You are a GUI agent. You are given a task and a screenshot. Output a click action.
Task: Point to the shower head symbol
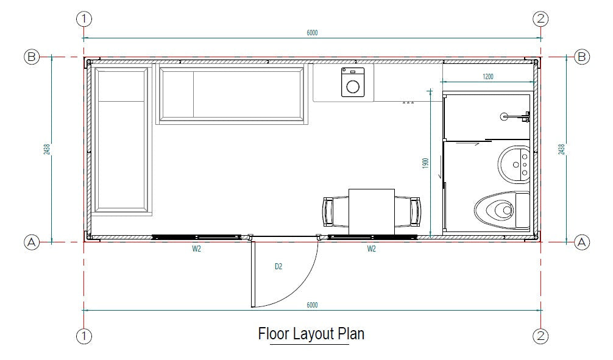[505, 115]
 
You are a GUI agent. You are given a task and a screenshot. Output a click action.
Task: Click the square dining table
[371, 211]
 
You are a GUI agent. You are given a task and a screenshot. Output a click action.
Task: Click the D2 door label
[279, 266]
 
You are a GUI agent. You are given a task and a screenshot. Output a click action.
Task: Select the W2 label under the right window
[371, 248]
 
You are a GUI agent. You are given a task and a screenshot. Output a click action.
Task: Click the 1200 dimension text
[487, 77]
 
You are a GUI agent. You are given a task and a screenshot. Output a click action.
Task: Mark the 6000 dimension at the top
[312, 32]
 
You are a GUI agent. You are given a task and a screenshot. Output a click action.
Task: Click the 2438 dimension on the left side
[47, 149]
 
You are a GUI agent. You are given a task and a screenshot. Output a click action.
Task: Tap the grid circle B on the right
[582, 57]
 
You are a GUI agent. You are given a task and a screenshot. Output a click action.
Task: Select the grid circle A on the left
[31, 242]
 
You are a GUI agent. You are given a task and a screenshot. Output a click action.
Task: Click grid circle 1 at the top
[83, 19]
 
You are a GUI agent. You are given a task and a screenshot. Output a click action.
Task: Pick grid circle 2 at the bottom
[540, 335]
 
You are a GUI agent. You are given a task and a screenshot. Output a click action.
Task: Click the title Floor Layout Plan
[311, 334]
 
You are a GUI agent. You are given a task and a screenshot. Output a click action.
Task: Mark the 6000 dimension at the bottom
[312, 305]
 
